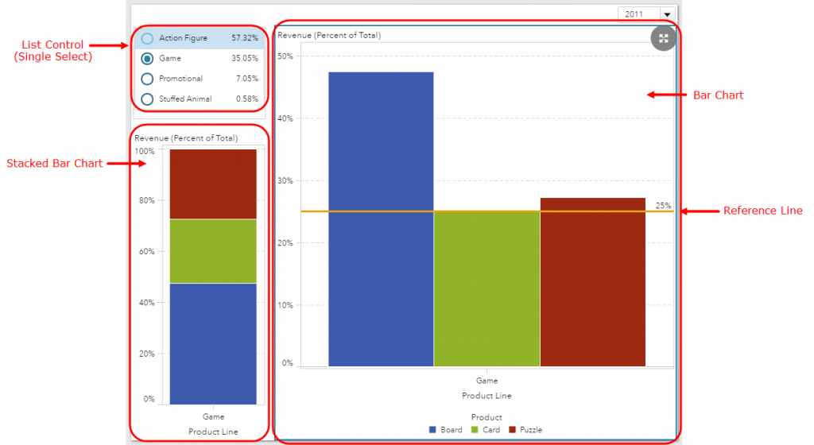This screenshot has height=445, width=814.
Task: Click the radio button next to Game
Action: coord(147,59)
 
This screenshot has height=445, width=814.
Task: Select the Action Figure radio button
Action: coord(147,38)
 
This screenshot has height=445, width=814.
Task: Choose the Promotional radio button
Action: coord(147,79)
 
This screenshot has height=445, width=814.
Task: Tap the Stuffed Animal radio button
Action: coord(147,99)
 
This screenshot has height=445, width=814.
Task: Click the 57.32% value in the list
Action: coord(244,38)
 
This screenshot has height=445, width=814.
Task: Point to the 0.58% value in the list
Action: coord(246,99)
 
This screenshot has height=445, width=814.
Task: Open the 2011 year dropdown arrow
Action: coord(667,14)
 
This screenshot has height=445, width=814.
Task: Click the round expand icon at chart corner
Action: coord(663,39)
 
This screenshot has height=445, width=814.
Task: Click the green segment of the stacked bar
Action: coord(213,251)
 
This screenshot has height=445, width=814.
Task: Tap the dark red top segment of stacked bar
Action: coord(213,184)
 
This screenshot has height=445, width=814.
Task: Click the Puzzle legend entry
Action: coord(525,430)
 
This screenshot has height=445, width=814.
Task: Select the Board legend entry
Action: coord(446,430)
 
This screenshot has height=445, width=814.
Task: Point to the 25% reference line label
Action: coord(663,206)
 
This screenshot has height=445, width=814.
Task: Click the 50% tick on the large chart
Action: coord(285,56)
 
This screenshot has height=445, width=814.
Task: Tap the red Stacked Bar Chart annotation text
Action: coord(54,164)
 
